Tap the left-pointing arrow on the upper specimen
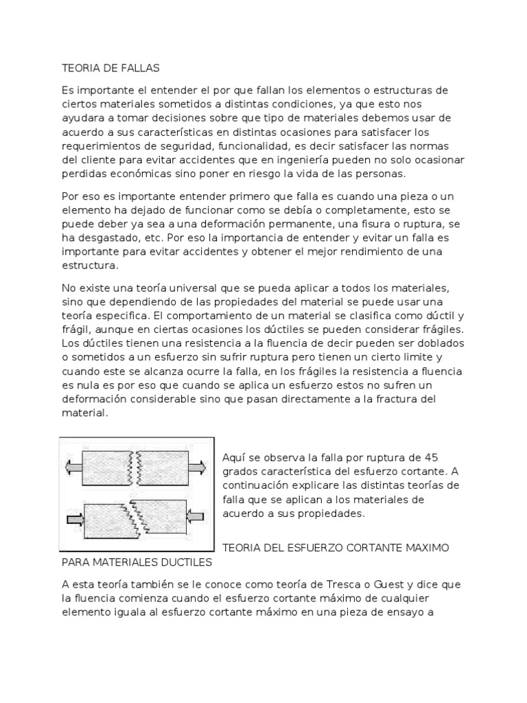[73, 467]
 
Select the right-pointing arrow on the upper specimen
[196, 467]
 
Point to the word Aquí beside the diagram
[235, 458]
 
